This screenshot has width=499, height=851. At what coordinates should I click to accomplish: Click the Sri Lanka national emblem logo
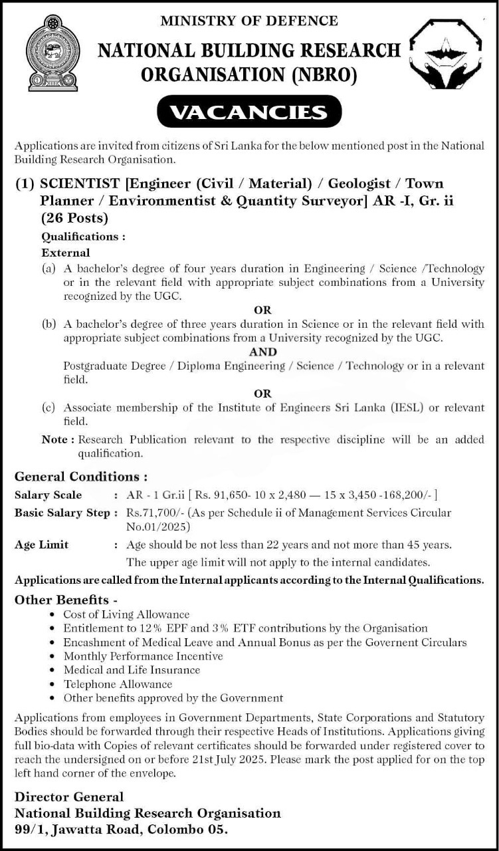[53, 53]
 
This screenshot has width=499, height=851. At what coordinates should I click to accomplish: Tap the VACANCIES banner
[249, 112]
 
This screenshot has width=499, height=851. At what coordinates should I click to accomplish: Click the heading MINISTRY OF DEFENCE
[249, 21]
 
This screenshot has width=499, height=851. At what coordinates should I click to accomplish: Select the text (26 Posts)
[74, 217]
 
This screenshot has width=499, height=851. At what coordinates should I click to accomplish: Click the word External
[66, 253]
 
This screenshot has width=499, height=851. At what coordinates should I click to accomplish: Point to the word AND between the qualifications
[263, 352]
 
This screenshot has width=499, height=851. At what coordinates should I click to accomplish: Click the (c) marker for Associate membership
[48, 408]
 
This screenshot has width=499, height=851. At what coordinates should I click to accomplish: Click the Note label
[54, 439]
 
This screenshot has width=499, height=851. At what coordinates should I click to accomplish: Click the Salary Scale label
[49, 495]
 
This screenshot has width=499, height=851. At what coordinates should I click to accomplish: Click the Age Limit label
[41, 545]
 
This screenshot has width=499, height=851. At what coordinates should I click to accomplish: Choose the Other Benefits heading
[66, 599]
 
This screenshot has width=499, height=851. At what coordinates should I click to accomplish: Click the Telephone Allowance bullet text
[118, 684]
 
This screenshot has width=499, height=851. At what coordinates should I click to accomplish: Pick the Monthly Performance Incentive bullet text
[143, 656]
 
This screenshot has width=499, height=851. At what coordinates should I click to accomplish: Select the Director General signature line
[69, 796]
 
